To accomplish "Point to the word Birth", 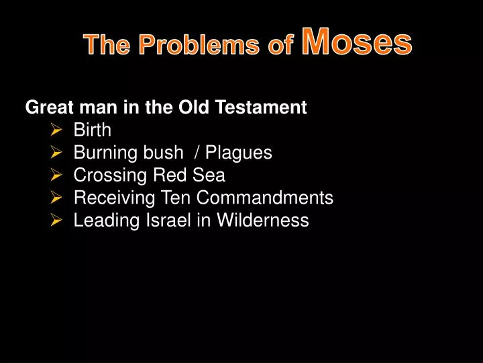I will (92, 130).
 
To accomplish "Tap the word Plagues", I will (239, 153).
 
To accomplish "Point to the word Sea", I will (211, 176).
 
